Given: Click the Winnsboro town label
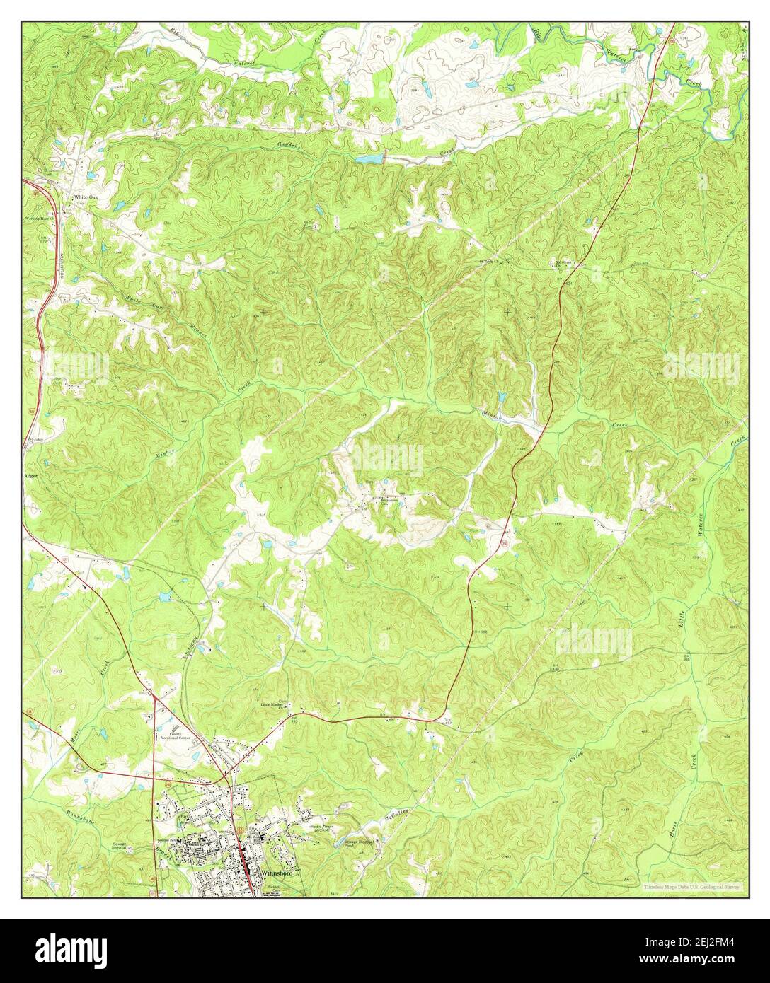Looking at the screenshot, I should (x=280, y=873).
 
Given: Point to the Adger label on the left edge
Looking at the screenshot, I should (x=30, y=476).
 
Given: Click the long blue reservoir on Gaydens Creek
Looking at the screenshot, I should (x=369, y=160).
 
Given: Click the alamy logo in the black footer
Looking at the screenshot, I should (x=71, y=948).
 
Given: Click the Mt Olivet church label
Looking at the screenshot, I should (x=563, y=262).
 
